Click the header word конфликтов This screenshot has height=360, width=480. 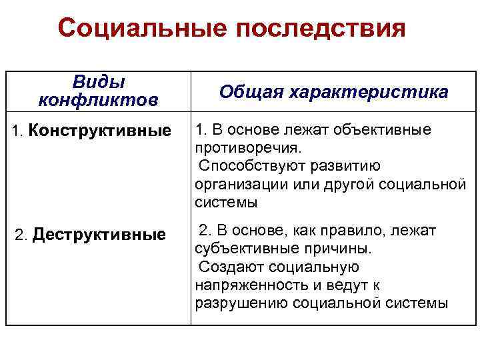(99, 100)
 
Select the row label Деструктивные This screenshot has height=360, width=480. (99, 235)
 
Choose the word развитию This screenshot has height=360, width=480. (337, 165)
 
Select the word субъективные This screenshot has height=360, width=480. (248, 249)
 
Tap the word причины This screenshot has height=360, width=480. (339, 249)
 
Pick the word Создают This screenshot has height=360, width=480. (231, 267)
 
